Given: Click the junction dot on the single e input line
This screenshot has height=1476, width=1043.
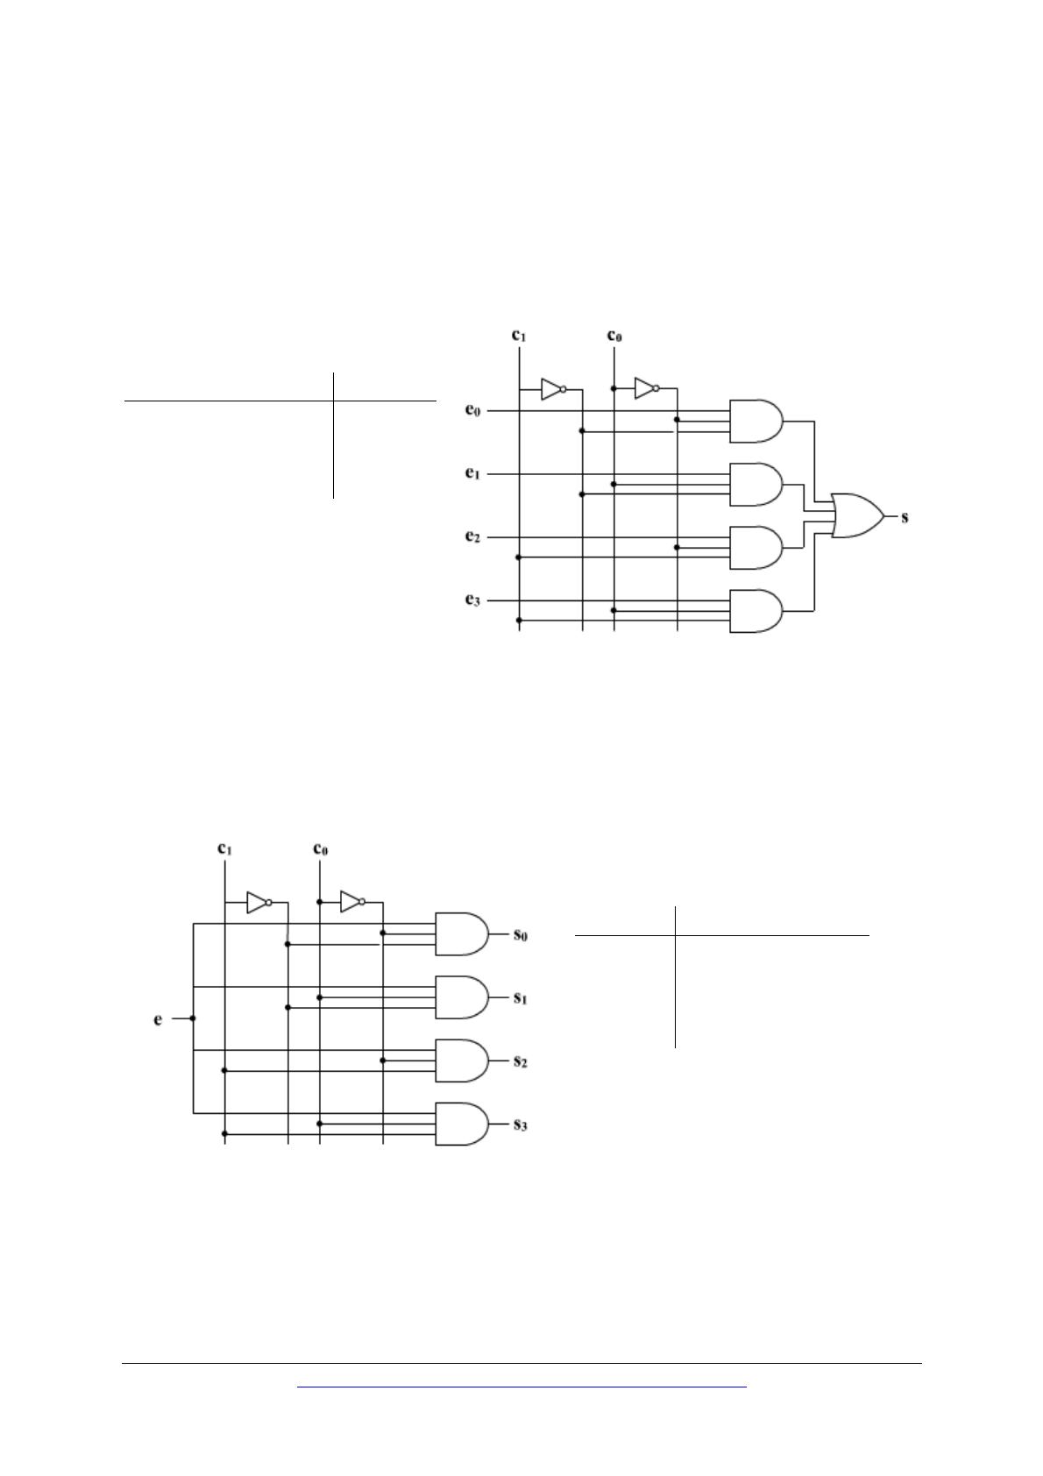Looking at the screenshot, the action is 193,1018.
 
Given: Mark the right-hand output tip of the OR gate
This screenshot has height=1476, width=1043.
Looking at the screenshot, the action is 885,516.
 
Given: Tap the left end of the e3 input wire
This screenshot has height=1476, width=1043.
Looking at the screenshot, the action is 487,601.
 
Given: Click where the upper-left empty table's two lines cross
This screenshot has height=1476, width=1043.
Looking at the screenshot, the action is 333,401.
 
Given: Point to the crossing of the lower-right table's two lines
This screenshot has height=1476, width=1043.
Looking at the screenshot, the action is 676,935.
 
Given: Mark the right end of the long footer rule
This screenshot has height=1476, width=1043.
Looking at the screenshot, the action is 922,1364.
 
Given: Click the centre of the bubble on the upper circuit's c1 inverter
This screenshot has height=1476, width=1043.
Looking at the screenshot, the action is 564,389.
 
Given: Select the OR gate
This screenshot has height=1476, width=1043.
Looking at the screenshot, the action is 858,516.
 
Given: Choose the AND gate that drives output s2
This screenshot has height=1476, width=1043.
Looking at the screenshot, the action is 462,1061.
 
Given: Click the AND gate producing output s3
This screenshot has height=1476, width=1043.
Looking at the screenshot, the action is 462,1125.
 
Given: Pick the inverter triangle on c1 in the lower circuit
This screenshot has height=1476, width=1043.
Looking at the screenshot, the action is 257,902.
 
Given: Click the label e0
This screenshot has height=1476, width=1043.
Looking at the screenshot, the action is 473,410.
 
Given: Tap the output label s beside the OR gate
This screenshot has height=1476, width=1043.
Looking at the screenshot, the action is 905,517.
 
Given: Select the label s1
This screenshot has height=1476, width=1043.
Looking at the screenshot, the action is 521,998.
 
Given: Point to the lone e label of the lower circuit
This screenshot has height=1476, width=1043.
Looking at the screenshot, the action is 158,1019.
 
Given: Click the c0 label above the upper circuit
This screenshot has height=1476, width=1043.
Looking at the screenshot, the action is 614,336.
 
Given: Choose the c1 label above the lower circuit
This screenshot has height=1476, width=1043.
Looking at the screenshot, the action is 224,848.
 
